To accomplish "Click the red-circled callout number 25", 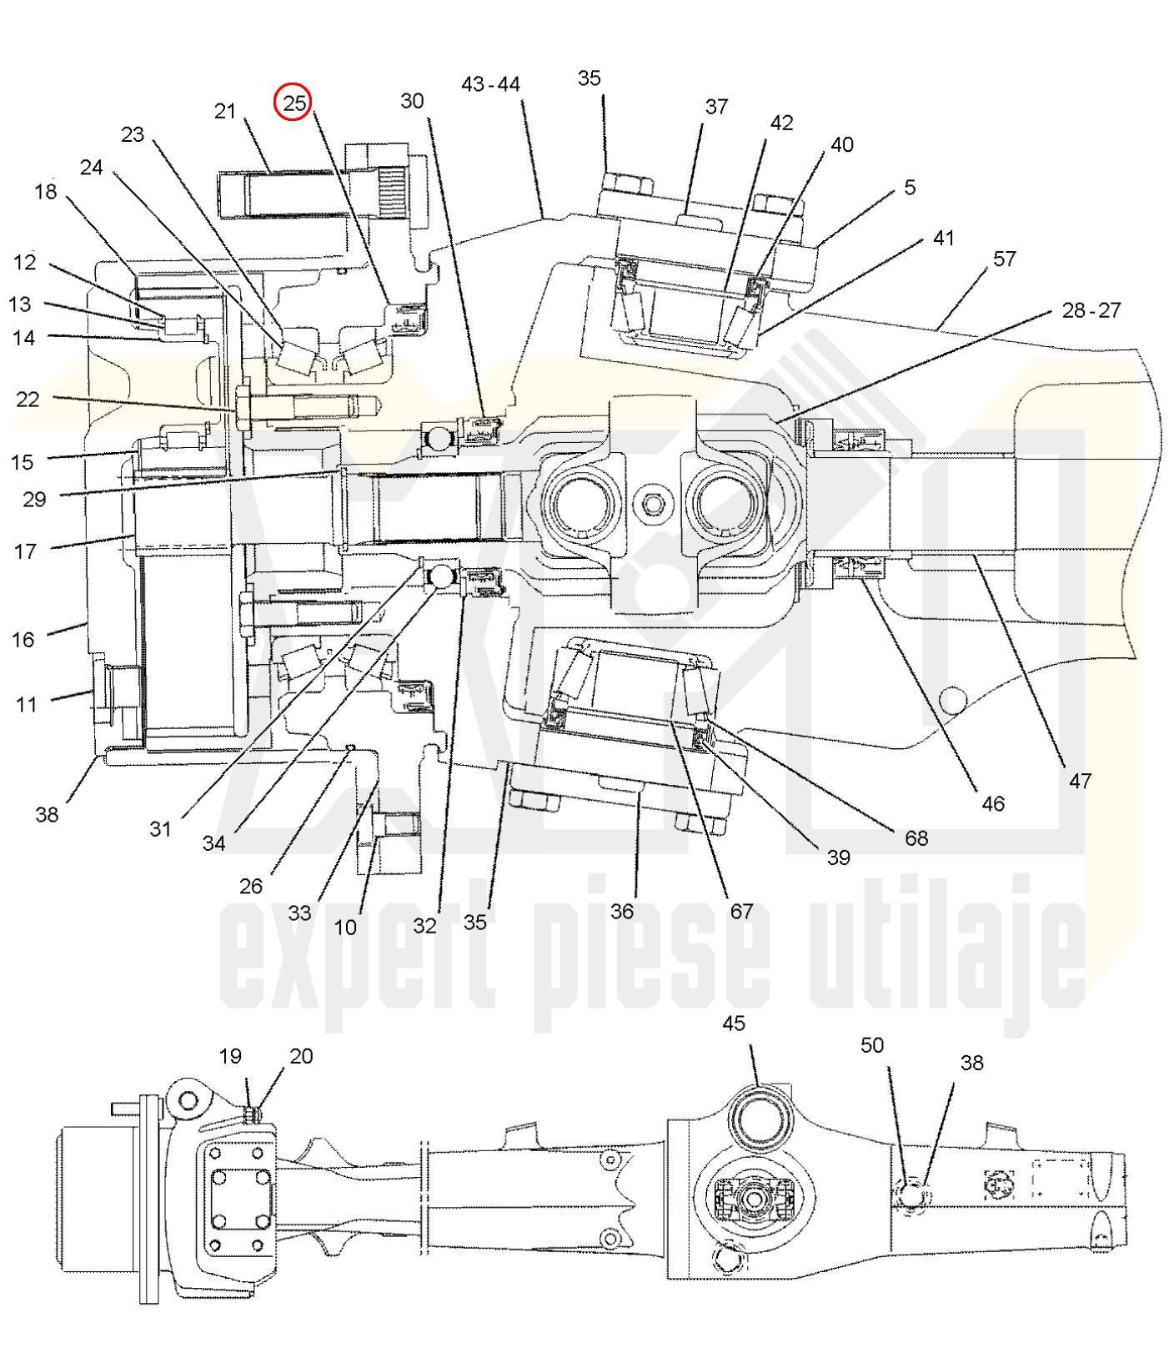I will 294,103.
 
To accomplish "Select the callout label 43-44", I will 490,84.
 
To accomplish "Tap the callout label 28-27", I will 1091,310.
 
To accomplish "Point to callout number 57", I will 1004,259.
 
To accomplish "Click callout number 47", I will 1080,781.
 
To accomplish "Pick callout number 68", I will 916,837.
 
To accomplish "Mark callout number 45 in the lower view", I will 734,1024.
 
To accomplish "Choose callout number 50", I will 871,1045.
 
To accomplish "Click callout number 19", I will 230,1056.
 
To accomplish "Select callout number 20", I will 301,1056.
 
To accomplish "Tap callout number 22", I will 28,400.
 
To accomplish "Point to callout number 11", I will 27,704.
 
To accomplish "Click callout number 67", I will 741,912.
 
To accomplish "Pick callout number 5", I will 910,187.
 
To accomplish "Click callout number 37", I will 716,107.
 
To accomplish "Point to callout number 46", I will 992,803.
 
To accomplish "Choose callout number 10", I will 345,927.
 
